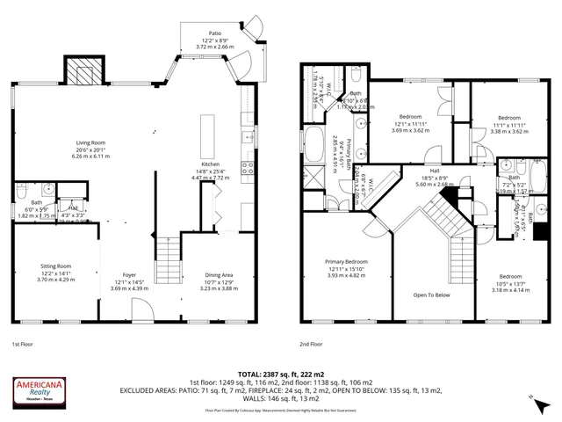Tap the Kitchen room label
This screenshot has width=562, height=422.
[210, 164]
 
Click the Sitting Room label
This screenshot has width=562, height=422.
[57, 266]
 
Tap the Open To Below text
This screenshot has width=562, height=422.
[431, 295]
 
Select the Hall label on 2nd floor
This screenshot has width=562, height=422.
[433, 171]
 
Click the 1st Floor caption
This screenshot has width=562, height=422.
[23, 345]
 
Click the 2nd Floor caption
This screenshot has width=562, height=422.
[311, 345]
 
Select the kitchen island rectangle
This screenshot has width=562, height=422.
[209, 130]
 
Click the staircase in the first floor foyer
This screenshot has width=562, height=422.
[166, 259]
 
